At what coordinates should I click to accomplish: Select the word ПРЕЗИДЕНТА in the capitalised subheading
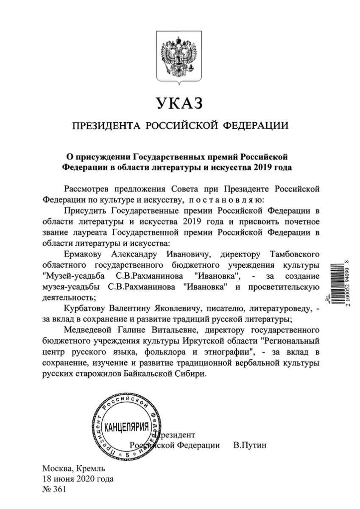(106, 126)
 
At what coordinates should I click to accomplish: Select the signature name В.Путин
(251, 445)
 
